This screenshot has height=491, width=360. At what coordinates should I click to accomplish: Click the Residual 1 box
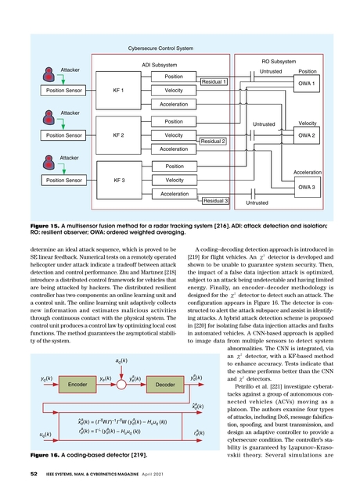214,81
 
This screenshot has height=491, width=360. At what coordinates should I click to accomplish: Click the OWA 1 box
306,83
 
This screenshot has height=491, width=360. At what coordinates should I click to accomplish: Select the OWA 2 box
306,135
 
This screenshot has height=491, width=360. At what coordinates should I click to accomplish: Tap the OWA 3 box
306,188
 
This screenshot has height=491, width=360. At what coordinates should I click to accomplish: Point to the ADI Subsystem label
159,65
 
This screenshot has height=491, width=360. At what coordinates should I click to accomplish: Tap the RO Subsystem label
277,61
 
